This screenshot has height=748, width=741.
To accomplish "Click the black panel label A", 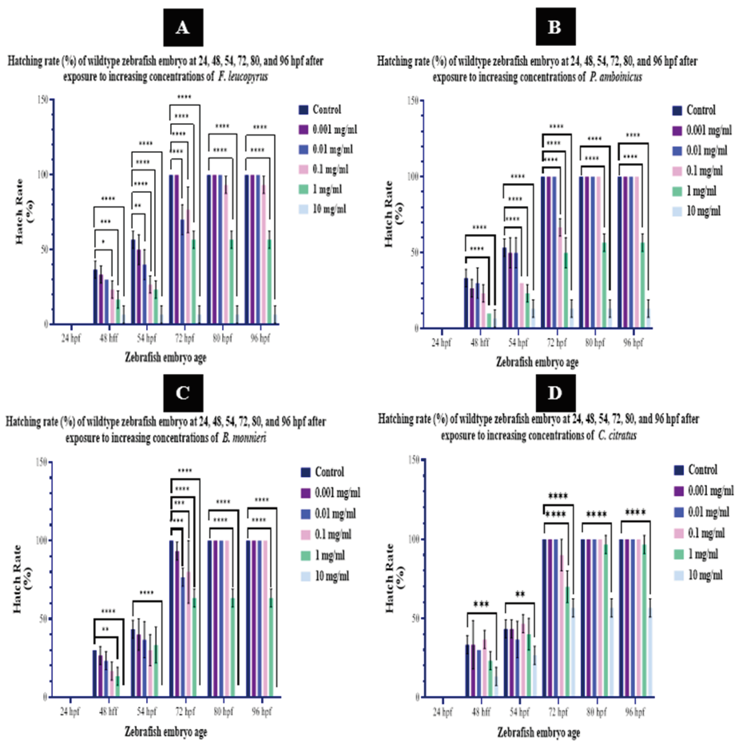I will pyautogui.click(x=183, y=28).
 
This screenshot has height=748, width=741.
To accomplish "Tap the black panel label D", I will pyautogui.click(x=555, y=393).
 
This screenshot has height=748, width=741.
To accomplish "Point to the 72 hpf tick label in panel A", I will pyautogui.click(x=184, y=338).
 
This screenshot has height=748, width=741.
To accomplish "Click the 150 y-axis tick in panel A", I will pyautogui.click(x=43, y=99).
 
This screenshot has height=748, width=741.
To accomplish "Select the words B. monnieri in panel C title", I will pyautogui.click(x=244, y=438).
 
